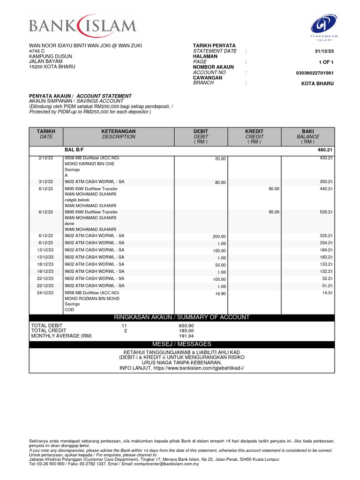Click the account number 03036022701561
coord(315,73)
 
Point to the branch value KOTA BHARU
coord(317,83)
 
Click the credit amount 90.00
coord(273,188)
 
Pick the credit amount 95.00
coord(273,212)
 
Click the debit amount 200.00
coord(219,237)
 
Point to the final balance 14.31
coord(327,292)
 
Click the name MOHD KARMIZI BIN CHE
coord(89,164)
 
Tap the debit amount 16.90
coord(220,294)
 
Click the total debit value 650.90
coord(186,325)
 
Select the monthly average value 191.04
coord(186,336)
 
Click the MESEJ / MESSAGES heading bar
coord(182,344)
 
